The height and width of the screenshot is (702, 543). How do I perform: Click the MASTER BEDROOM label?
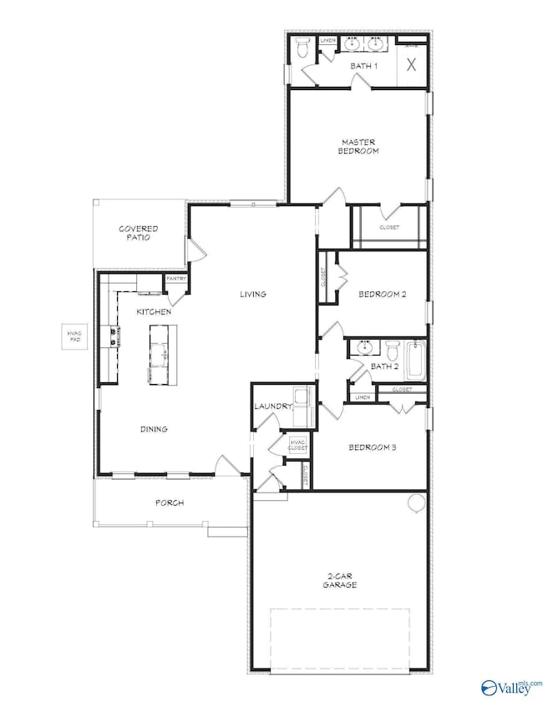pos(359,146)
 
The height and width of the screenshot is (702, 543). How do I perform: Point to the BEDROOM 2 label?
pos(382,294)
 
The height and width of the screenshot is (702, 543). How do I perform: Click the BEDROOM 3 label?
pos(372,447)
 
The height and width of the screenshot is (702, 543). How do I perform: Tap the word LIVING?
pos(252,294)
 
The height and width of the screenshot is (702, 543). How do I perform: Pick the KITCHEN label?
pos(155,311)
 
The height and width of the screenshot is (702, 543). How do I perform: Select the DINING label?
pos(154,429)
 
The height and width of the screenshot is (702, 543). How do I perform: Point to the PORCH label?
pos(169,503)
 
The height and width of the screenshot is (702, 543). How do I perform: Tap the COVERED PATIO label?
pos(139,233)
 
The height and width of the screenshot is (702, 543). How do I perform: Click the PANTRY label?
pos(175,279)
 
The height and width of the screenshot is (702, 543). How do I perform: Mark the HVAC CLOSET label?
pos(297,445)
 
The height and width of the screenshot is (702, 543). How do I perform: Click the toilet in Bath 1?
pos(302,50)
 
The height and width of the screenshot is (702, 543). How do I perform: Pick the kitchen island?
pos(159,355)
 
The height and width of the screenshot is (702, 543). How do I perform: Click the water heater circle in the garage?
pos(416,503)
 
